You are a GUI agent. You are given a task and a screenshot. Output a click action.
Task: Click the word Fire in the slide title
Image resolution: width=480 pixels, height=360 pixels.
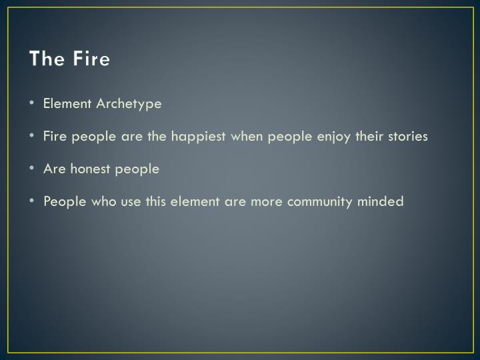click(89, 59)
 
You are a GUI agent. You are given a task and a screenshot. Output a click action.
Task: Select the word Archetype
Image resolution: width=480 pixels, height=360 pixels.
click(129, 104)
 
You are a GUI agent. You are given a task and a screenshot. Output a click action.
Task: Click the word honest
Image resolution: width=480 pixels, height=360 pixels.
click(89, 169)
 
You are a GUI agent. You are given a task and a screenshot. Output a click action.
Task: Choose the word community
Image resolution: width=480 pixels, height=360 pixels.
click(317, 201)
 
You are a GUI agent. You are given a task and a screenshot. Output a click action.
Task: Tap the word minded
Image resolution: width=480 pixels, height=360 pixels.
click(382, 201)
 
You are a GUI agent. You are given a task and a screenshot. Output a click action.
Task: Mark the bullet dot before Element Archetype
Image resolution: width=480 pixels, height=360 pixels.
click(33, 104)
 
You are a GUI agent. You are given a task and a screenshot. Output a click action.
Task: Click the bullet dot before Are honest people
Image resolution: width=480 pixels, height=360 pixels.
click(33, 169)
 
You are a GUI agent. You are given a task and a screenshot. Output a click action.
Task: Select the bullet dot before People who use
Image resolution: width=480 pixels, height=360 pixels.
click(33, 201)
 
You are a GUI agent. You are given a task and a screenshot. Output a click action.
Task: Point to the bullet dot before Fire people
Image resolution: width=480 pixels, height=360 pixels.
click(33, 137)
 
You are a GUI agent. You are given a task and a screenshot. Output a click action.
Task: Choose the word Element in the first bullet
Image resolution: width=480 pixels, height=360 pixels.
click(68, 104)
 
